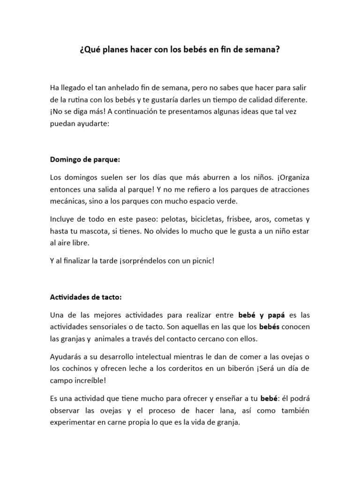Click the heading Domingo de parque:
(x=85, y=159)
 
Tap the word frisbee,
(x=240, y=219)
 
